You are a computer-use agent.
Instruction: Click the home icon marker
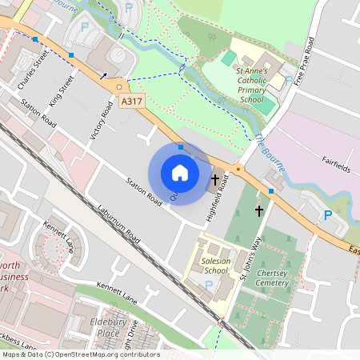pyautogui.click(x=180, y=172)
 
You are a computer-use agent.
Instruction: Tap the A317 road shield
pyautogui.click(x=131, y=101)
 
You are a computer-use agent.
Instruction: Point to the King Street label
pyautogui.click(x=59, y=90)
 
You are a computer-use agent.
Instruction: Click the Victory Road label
pyautogui.click(x=102, y=120)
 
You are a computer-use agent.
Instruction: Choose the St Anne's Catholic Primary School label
pyautogui.click(x=250, y=86)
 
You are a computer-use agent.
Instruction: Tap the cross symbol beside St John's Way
pyautogui.click(x=258, y=211)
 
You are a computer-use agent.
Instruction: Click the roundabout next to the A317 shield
pyautogui.click(x=119, y=86)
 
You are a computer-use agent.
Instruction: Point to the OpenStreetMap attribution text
pyautogui.click(x=80, y=354)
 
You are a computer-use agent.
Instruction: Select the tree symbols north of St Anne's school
pyautogui.click(x=212, y=36)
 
